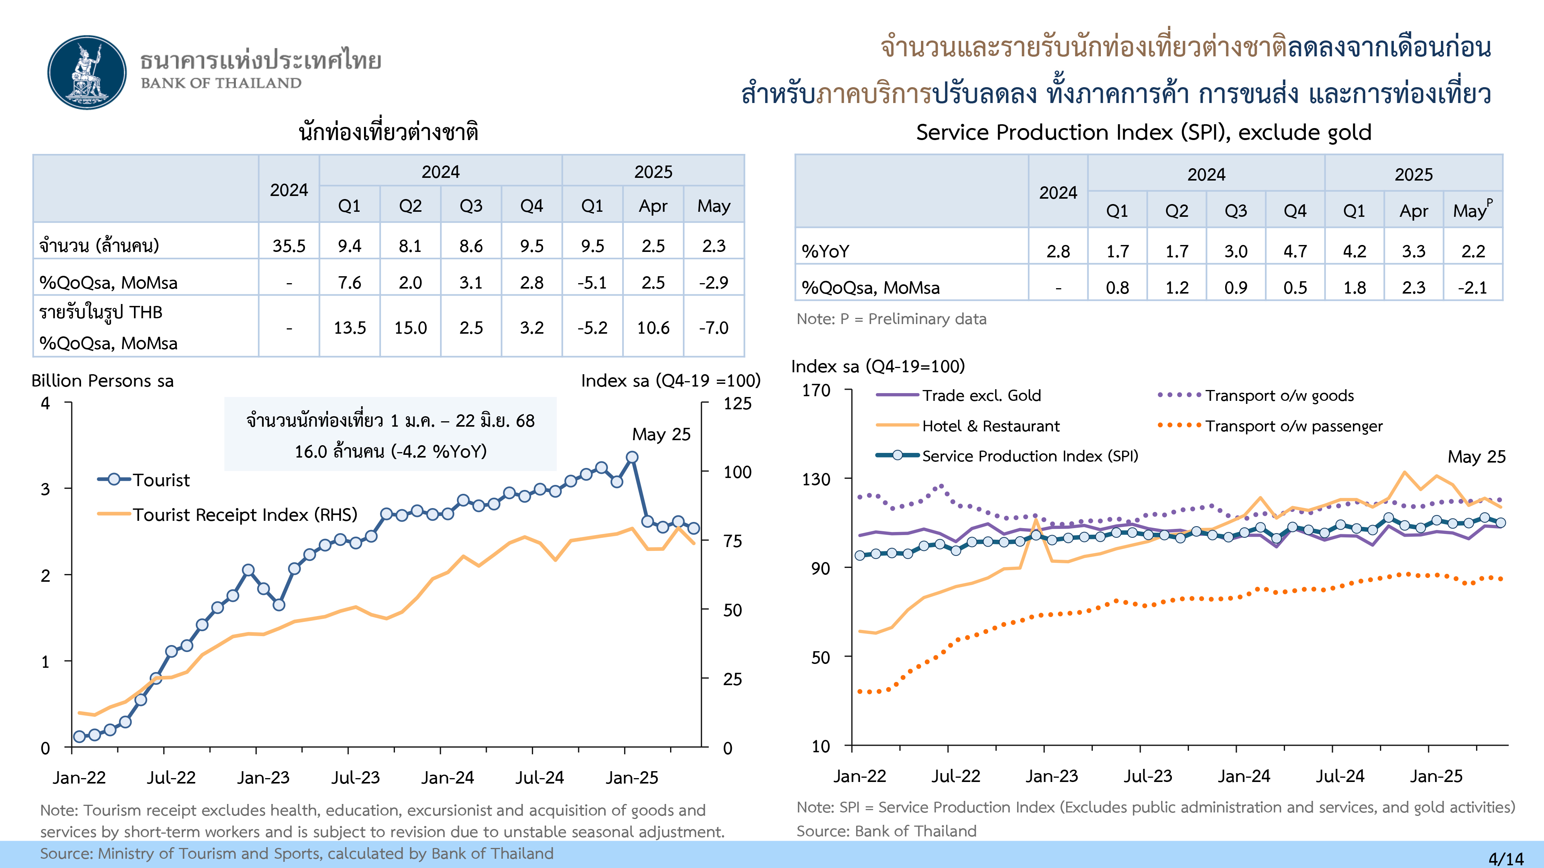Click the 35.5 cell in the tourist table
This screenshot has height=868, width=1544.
(x=289, y=246)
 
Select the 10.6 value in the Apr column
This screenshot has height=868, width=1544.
(x=653, y=328)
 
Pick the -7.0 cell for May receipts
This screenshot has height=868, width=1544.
(x=713, y=328)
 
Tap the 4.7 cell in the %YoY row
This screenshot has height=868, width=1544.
(x=1295, y=251)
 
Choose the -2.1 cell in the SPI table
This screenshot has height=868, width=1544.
(x=1473, y=287)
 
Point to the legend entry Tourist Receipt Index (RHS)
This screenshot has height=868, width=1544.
(x=245, y=515)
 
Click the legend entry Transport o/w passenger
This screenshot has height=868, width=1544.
(x=1293, y=426)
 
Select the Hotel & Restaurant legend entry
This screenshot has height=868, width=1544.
(x=990, y=426)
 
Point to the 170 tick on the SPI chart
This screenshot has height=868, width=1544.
(x=816, y=390)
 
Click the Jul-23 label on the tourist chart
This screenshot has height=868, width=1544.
(x=356, y=778)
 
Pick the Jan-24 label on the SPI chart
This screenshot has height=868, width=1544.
(x=1244, y=776)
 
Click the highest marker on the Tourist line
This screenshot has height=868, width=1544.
(x=632, y=457)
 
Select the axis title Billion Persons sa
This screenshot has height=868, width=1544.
(x=103, y=381)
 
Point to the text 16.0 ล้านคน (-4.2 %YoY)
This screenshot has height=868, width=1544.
(x=390, y=451)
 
